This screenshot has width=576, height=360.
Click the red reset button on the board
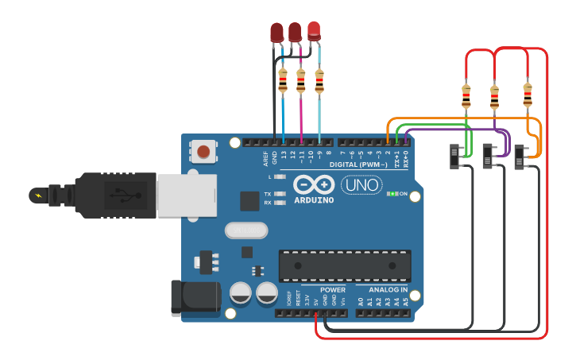[x=204, y=151]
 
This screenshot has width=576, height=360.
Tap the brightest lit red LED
[x=315, y=31]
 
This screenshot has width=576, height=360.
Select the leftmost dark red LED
[x=276, y=33]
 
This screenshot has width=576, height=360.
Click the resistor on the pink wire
[x=300, y=80]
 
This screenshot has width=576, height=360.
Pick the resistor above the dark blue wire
[x=283, y=80]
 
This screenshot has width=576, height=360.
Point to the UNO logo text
[x=361, y=184]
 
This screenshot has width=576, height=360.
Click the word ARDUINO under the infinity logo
[x=313, y=199]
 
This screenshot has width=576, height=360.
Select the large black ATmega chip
[x=345, y=265]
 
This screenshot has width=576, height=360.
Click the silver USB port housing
[x=186, y=195]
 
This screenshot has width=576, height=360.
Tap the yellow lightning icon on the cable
[x=37, y=194]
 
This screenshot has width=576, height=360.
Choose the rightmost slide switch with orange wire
[x=521, y=156]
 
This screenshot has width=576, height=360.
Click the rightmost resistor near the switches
[x=527, y=95]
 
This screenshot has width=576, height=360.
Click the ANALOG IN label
[x=388, y=290]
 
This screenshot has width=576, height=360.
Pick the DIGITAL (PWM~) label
[x=358, y=164]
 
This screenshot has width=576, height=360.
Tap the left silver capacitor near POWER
[x=241, y=293]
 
